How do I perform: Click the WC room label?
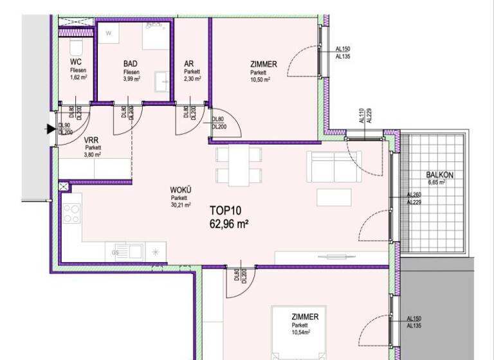click(75, 62)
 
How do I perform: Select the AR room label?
click(189, 64)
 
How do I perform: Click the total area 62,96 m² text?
click(229, 224)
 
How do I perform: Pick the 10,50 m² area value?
click(260, 80)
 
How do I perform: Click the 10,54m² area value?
click(300, 332)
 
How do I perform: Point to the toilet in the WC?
click(75, 47)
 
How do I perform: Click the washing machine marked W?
click(109, 33)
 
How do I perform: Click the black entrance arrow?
click(50, 129)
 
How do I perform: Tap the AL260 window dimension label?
click(414, 195)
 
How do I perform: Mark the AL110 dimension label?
click(361, 115)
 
